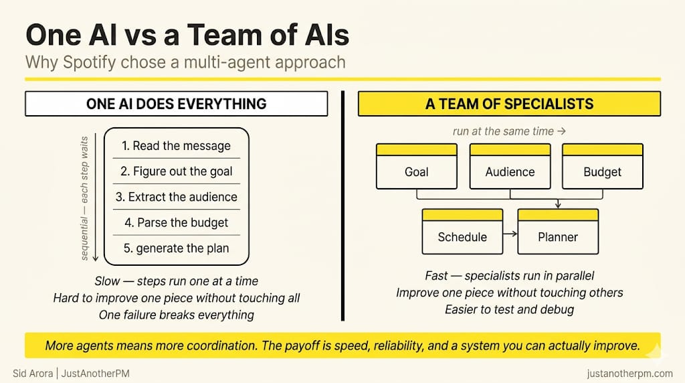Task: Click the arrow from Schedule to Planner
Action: [510, 234]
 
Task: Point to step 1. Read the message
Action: [176, 146]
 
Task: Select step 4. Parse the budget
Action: [176, 222]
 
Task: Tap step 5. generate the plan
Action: [176, 248]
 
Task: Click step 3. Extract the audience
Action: [176, 197]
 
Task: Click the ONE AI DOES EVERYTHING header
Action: [176, 104]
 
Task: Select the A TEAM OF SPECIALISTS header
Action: [509, 104]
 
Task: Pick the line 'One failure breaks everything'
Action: [176, 314]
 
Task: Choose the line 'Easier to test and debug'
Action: [509, 309]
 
